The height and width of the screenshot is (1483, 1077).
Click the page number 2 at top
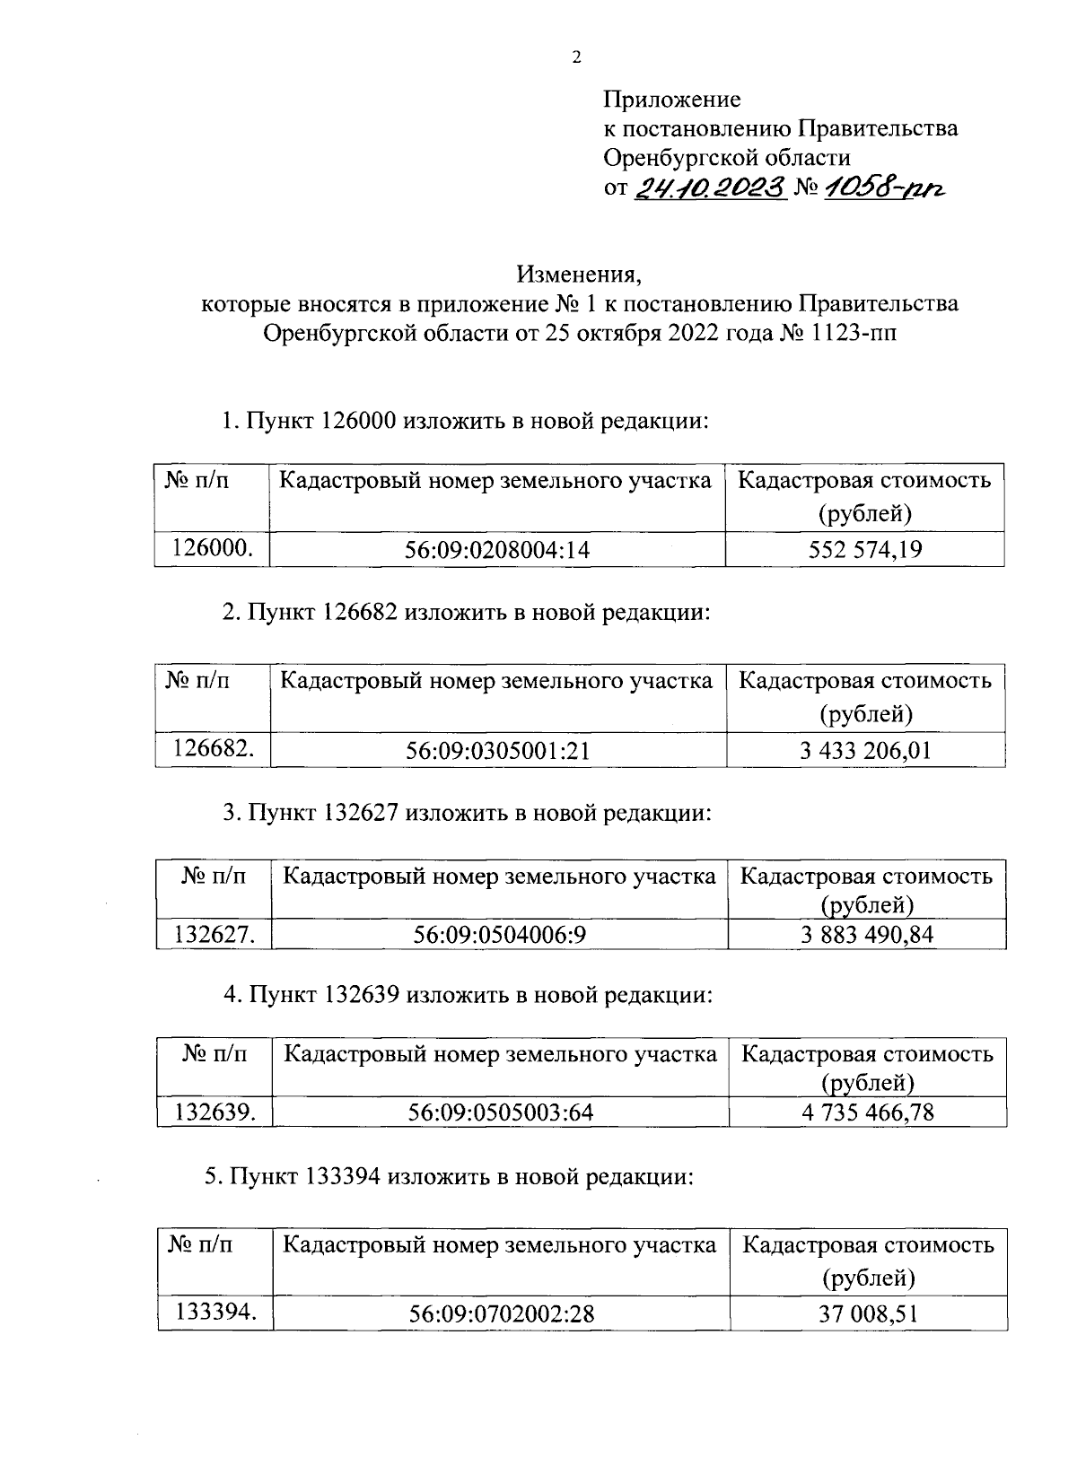point(576,58)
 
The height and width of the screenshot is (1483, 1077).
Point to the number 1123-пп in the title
point(854,334)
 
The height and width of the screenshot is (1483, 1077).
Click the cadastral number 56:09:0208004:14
point(498,551)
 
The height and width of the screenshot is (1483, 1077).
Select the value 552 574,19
point(864,550)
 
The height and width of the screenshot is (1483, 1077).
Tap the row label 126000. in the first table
point(212,549)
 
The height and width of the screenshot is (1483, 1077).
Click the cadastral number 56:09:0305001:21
point(498,751)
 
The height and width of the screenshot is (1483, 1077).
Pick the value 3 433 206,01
point(865,750)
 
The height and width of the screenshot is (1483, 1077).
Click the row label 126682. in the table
point(213,749)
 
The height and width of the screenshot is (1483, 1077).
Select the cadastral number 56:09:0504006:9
point(500,936)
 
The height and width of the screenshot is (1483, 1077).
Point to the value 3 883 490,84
point(866,935)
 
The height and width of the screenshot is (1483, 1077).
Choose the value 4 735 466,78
point(867,1112)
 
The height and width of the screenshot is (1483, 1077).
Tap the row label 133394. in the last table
point(215,1313)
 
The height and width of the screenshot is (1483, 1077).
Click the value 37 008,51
point(867,1315)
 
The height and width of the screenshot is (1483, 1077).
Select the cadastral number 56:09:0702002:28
point(501,1315)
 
